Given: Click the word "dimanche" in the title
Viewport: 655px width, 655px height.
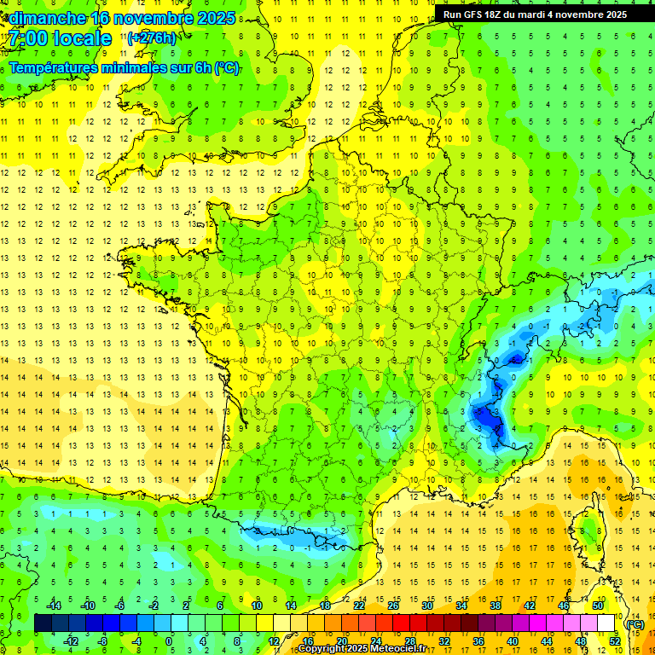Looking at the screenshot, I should pyautogui.click(x=47, y=18).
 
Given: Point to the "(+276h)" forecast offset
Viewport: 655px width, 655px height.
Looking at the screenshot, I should pyautogui.click(x=152, y=38).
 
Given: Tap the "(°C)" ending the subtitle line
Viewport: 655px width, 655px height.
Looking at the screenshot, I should pyautogui.click(x=227, y=68).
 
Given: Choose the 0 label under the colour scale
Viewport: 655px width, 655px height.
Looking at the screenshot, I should pyautogui.click(x=169, y=641).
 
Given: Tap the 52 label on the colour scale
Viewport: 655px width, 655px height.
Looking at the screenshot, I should pyautogui.click(x=615, y=641).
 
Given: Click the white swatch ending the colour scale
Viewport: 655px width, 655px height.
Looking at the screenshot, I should pyautogui.click(x=606, y=623).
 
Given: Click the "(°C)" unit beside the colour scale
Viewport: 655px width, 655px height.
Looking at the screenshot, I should pyautogui.click(x=635, y=623).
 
